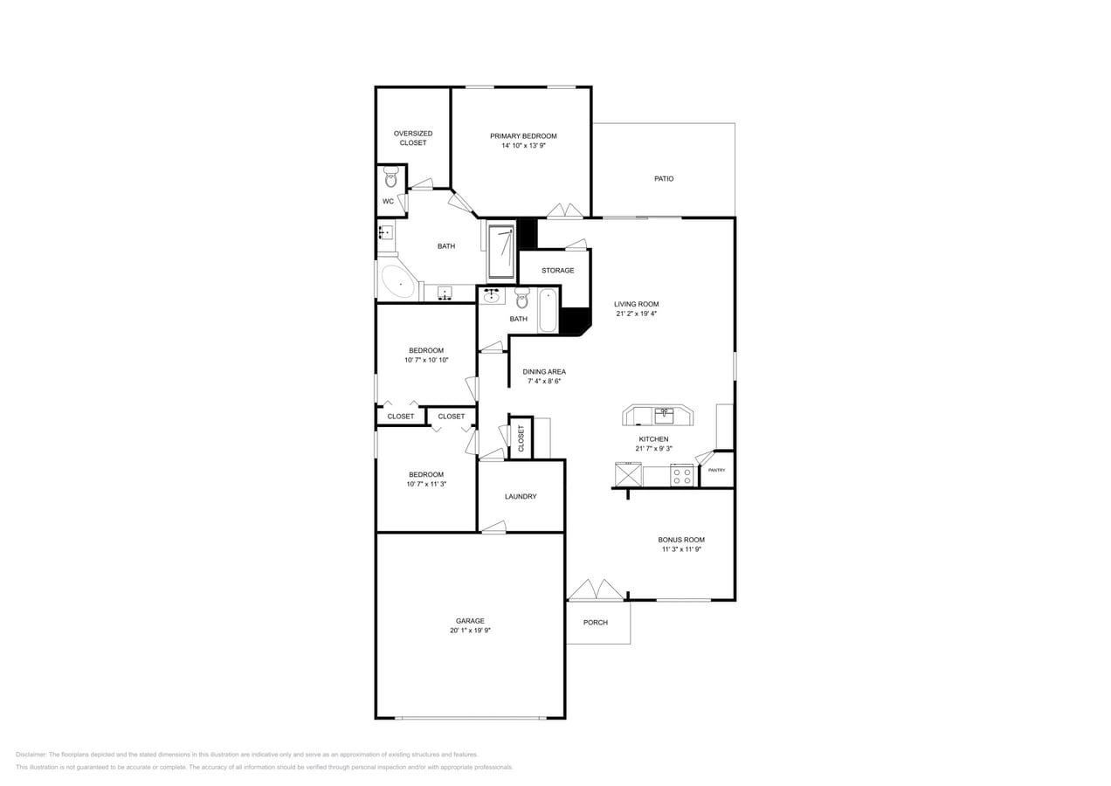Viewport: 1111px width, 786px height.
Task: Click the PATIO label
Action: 664,179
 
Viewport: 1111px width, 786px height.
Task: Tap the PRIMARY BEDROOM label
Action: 523,136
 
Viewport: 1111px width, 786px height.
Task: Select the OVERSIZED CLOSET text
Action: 413,138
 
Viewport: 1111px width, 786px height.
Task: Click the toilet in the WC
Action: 390,178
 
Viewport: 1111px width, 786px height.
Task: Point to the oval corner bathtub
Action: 398,283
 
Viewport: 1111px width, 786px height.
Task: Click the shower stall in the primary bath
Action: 500,252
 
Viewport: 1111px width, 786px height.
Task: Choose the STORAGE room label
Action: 557,271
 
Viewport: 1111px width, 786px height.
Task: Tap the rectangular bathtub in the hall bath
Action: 548,311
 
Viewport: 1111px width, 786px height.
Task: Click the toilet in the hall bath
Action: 522,299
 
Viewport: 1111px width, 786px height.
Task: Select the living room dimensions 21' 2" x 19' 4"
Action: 636,314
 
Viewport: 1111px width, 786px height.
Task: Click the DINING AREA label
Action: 545,372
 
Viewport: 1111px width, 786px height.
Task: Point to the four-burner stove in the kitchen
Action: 682,476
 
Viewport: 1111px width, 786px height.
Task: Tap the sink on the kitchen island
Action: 665,415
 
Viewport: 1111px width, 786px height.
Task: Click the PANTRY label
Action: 716,471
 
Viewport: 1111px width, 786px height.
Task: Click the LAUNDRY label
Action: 521,497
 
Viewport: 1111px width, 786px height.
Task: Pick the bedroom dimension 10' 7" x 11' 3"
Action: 426,484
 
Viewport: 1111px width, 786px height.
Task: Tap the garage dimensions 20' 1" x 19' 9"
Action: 470,631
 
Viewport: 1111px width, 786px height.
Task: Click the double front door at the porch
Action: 597,590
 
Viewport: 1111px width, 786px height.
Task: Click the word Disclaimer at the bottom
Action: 31,755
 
